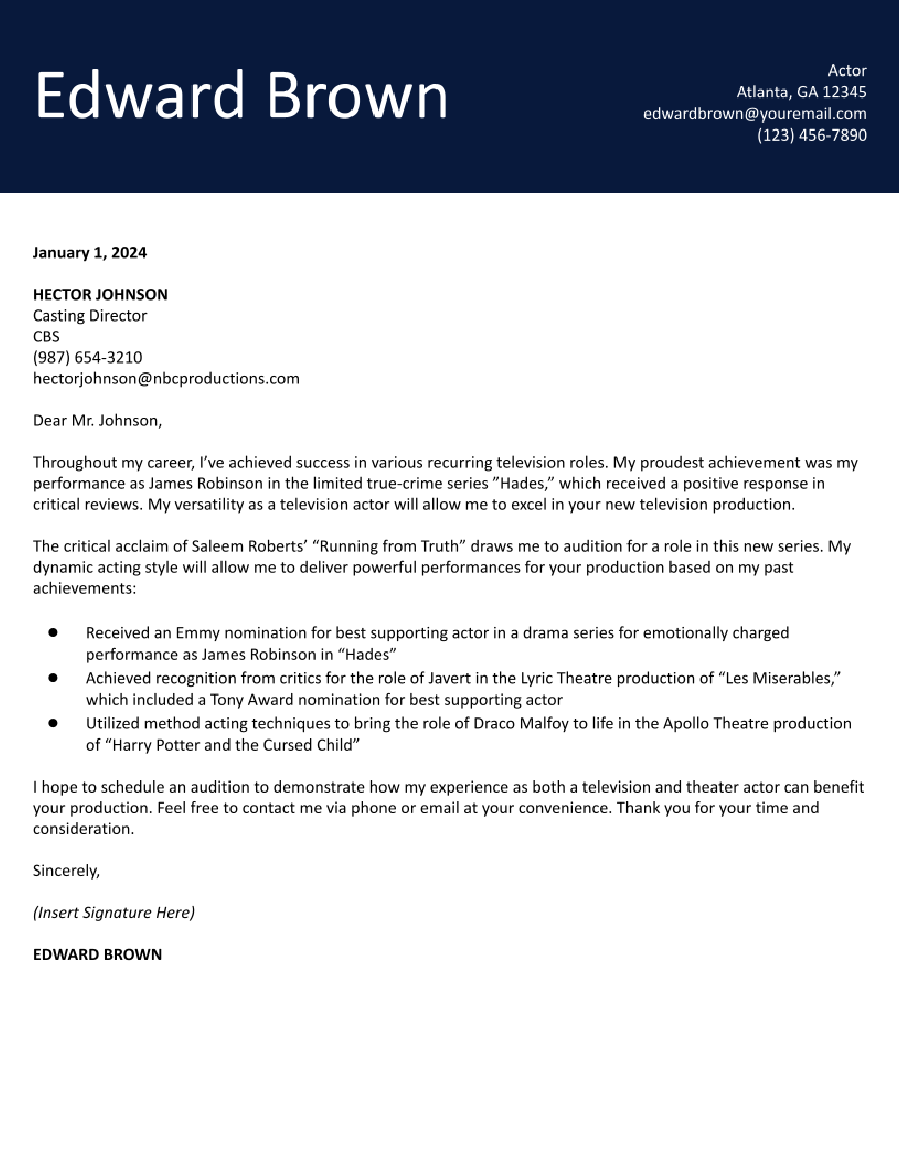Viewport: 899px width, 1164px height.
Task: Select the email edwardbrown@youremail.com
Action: pos(755,114)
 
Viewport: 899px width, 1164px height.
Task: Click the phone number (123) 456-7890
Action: pos(812,135)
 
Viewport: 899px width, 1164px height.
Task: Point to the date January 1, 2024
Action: pos(90,253)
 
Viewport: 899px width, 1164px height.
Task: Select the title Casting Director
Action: pos(90,316)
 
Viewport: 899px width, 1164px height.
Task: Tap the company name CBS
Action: pos(46,337)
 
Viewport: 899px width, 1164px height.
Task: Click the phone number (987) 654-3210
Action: pos(87,358)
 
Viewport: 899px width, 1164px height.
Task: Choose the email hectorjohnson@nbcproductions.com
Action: pos(166,379)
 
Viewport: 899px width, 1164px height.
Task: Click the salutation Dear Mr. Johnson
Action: pos(97,421)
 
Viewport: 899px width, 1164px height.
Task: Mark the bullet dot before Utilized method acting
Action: pos(53,723)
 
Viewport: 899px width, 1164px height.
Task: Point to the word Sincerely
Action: pos(66,871)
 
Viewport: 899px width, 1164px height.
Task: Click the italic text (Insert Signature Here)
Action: pos(114,913)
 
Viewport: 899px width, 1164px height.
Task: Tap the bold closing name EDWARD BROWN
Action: pos(97,954)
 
